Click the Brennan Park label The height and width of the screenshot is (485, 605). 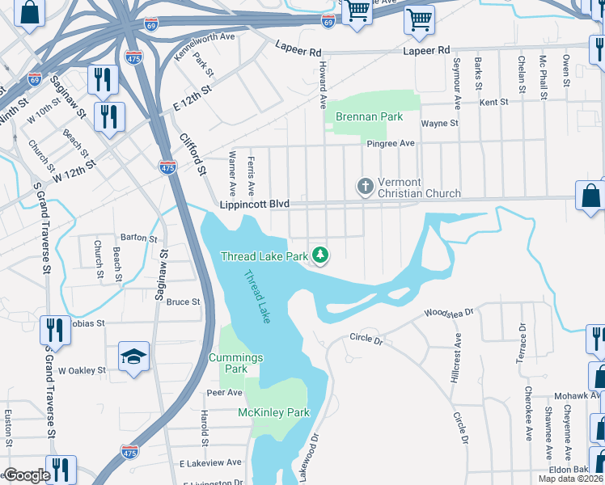(x=369, y=117)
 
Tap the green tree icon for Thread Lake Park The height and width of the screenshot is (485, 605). (x=321, y=256)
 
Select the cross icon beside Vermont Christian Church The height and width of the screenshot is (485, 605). (x=366, y=187)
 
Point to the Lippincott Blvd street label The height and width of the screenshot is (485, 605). (x=254, y=205)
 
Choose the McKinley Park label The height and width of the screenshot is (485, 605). (x=273, y=412)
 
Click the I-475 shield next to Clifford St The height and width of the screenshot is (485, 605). (x=167, y=167)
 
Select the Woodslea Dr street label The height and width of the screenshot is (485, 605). (x=447, y=311)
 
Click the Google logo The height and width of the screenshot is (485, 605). (x=27, y=475)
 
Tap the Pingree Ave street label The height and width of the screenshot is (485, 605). (x=390, y=143)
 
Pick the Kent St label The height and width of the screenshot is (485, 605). (x=493, y=103)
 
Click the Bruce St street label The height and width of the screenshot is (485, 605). (x=183, y=302)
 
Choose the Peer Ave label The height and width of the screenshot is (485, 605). (x=224, y=393)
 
